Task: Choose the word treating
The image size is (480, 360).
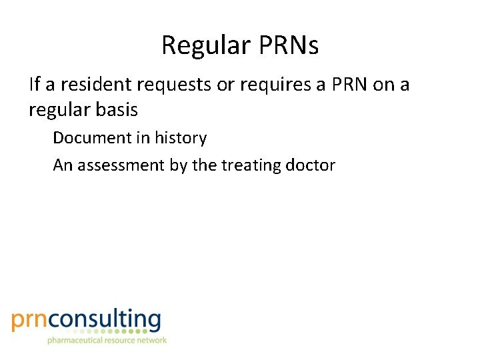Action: pyautogui.click(x=249, y=166)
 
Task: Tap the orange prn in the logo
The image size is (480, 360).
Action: pyautogui.click(x=30, y=320)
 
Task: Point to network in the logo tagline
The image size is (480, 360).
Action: pyautogui.click(x=151, y=341)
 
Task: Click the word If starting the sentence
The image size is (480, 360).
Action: pyautogui.click(x=34, y=85)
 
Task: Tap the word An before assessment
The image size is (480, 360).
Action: pyautogui.click(x=63, y=165)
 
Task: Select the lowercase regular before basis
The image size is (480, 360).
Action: pyautogui.click(x=56, y=110)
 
